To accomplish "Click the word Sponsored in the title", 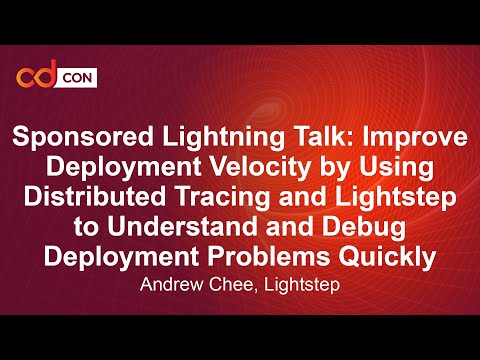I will [x=73, y=138].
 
